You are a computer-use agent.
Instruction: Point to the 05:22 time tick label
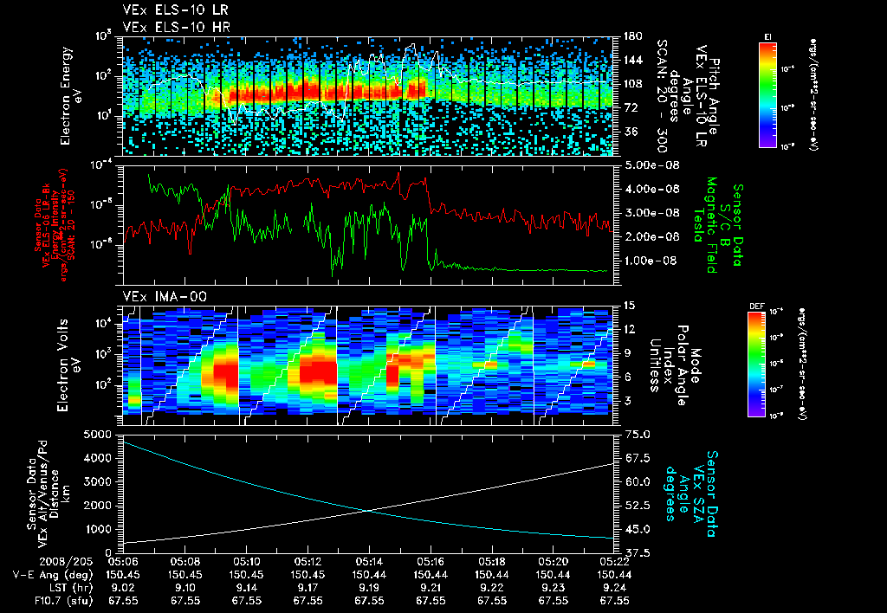(614, 562)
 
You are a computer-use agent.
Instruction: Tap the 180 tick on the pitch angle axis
(631, 36)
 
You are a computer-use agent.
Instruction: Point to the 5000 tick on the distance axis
(99, 434)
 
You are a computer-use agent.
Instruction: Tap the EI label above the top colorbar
(767, 35)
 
